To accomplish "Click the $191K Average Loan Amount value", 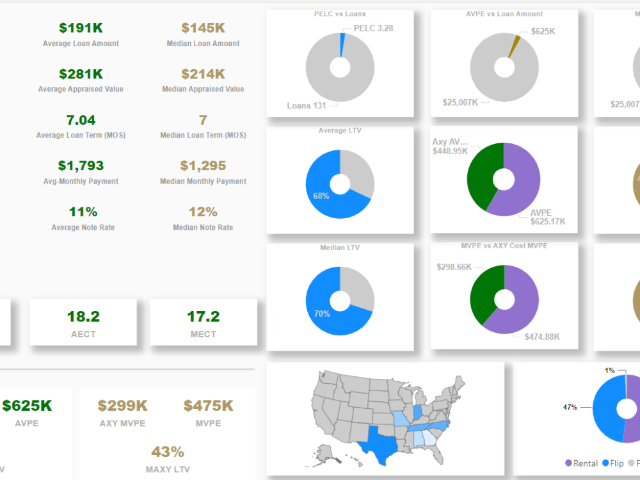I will click(81, 28).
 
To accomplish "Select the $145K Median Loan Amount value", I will click(203, 28).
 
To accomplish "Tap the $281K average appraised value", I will click(81, 74).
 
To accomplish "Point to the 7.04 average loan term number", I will click(81, 120).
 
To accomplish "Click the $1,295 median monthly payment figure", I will click(203, 166).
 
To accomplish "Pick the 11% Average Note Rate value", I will click(81, 212).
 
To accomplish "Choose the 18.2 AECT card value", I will click(83, 317).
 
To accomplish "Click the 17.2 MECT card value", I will click(204, 317).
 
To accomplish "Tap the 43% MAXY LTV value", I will click(168, 452).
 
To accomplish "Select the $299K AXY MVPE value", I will click(123, 406).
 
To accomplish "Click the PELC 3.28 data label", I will click(374, 29).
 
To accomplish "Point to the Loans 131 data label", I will click(307, 106).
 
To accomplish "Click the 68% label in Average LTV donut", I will click(321, 196).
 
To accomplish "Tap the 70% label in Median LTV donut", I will click(322, 314).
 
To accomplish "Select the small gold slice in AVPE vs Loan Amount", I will click(513, 45).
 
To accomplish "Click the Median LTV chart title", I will click(340, 248).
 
